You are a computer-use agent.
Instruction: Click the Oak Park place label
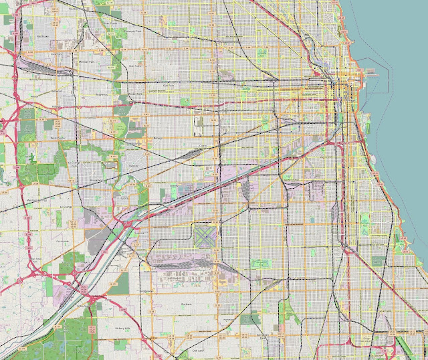click(x=169, y=86)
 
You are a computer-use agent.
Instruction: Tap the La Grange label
click(x=66, y=208)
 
